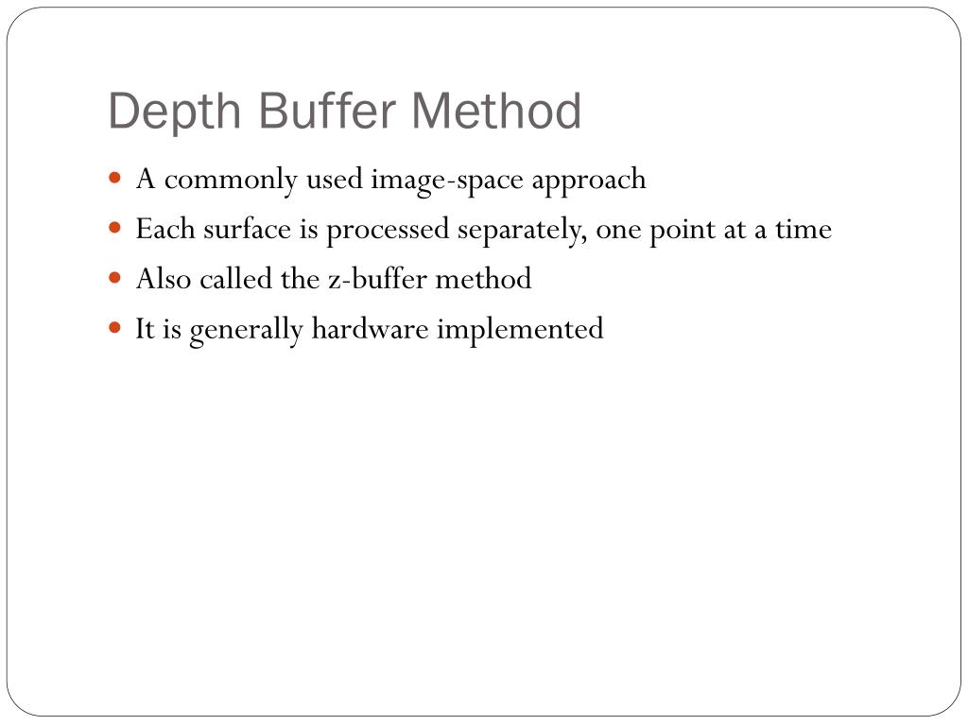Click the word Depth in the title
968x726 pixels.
pyautogui.click(x=176, y=112)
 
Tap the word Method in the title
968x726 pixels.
pyautogui.click(x=497, y=111)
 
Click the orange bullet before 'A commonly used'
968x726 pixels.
pyautogui.click(x=115, y=177)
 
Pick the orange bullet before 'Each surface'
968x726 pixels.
pyautogui.click(x=115, y=228)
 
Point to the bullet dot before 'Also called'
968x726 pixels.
pyautogui.click(x=115, y=278)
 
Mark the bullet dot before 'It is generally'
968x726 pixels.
pyautogui.click(x=115, y=328)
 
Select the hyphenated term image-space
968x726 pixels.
pyautogui.click(x=448, y=180)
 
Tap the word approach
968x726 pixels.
pyautogui.click(x=588, y=180)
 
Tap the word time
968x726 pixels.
pyautogui.click(x=804, y=229)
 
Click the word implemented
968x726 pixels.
pyautogui.click(x=519, y=330)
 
